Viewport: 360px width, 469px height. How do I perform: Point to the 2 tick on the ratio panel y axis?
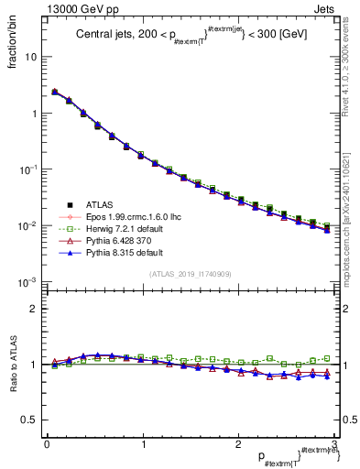click(x=32, y=309)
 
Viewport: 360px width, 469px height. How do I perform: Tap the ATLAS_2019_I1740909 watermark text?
click(x=191, y=274)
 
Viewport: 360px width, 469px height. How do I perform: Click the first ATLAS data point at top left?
click(x=55, y=92)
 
